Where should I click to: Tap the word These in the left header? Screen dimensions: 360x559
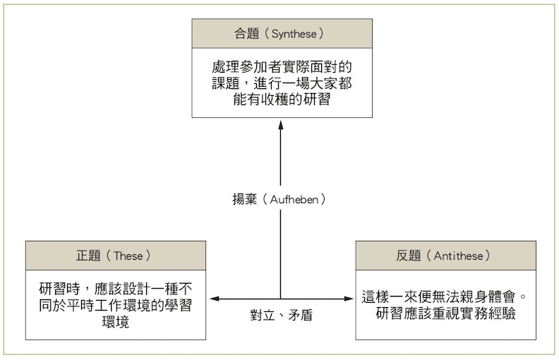click(x=132, y=255)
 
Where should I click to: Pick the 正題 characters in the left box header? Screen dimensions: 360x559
click(x=90, y=255)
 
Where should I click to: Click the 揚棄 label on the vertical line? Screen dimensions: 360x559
click(x=246, y=199)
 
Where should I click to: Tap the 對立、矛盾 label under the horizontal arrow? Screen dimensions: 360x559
click(x=281, y=316)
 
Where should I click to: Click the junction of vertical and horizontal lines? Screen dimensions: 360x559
click(x=280, y=299)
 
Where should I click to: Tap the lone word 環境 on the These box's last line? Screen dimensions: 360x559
click(x=116, y=323)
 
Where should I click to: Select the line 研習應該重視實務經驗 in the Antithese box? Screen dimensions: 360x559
click(x=445, y=313)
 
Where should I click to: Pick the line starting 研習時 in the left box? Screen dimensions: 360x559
click(x=116, y=290)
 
